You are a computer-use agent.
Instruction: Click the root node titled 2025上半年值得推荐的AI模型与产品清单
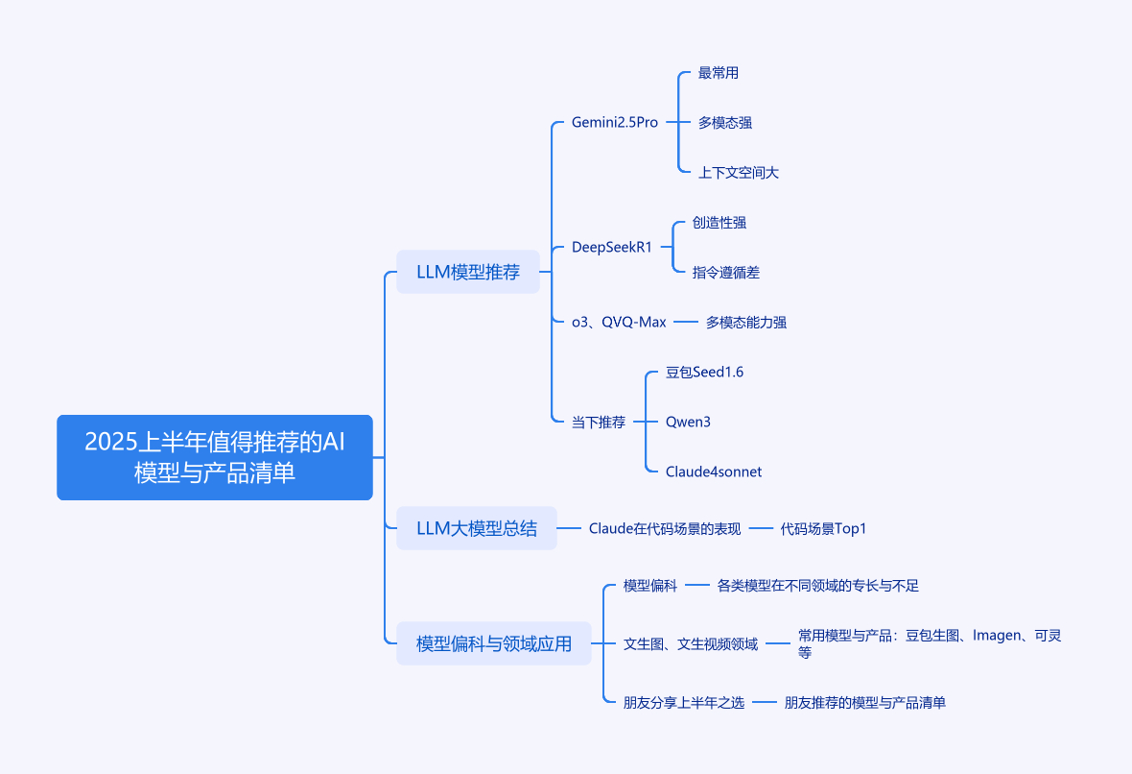click(x=215, y=457)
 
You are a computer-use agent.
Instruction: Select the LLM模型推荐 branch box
click(x=468, y=272)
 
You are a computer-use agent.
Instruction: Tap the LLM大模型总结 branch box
click(x=477, y=528)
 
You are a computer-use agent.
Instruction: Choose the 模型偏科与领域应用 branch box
click(x=494, y=643)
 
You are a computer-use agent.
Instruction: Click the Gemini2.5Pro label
click(x=614, y=122)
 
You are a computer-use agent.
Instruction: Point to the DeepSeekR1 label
click(x=611, y=247)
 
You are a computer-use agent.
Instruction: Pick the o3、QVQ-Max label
click(x=619, y=323)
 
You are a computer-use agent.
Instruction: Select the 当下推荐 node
click(x=599, y=422)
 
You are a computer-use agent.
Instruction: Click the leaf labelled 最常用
click(x=719, y=73)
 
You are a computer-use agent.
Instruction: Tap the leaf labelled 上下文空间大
click(x=739, y=173)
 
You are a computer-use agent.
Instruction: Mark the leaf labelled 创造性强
click(x=719, y=223)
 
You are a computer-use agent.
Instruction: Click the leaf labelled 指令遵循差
click(x=725, y=273)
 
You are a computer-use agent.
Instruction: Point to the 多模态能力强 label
click(x=745, y=323)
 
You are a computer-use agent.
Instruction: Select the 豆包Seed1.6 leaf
click(x=704, y=373)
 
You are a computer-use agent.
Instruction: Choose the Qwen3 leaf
click(x=687, y=422)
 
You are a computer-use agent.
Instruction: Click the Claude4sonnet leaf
click(x=714, y=472)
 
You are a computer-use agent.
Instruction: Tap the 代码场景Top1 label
click(x=823, y=528)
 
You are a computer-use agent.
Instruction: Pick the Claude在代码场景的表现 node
click(x=665, y=528)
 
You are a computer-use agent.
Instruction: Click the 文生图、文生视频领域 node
click(x=691, y=643)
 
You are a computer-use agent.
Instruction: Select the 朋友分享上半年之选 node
click(x=684, y=702)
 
